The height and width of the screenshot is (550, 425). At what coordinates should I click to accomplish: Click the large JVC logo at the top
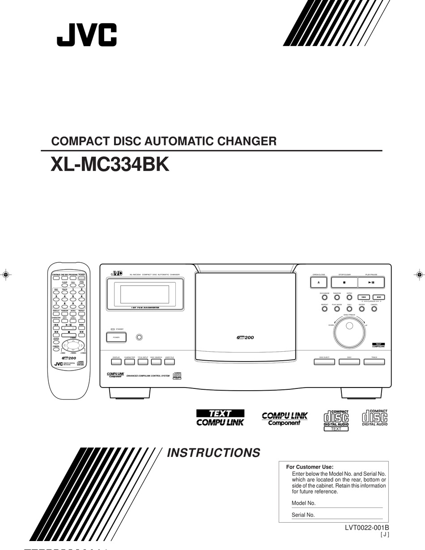coord(86,35)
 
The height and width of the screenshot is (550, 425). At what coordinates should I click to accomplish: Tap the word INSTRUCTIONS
coord(213,452)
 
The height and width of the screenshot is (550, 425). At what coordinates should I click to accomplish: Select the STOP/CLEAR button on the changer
coord(344,282)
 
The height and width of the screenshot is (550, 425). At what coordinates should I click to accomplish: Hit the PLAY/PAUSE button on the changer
coord(371,282)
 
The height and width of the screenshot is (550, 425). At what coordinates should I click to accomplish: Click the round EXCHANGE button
coord(324,297)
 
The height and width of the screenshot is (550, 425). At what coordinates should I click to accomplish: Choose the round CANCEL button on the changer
coord(374,309)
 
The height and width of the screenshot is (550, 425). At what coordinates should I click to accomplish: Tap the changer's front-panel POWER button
coord(116,337)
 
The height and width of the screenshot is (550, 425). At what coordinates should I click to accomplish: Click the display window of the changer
coord(144,294)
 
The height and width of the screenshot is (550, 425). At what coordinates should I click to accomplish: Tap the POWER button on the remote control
coord(81,278)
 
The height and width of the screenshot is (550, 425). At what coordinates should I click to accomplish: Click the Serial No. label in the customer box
coord(303,515)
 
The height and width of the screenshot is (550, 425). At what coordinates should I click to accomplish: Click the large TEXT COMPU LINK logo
coord(220,418)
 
